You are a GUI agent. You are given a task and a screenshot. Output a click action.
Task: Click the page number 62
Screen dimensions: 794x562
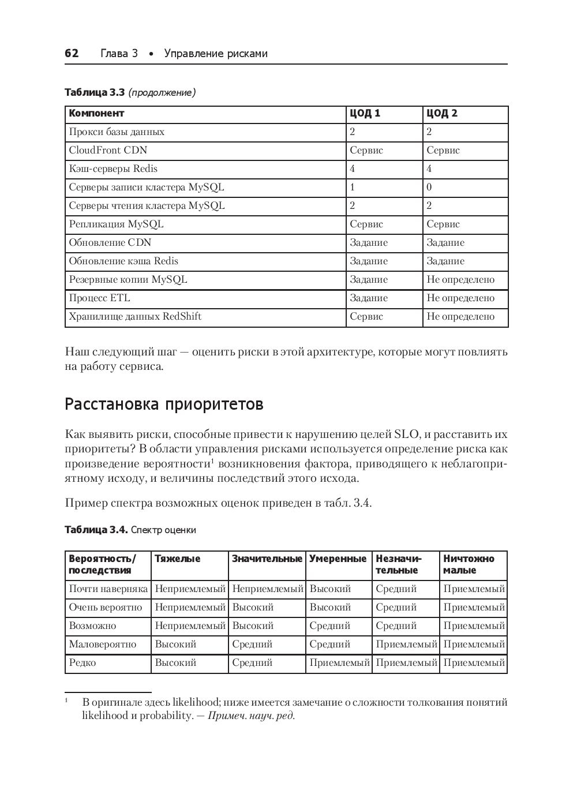(x=72, y=54)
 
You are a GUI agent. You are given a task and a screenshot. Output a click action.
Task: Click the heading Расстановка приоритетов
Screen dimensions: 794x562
(x=164, y=404)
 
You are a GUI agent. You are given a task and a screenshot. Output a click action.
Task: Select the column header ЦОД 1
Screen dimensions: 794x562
(x=365, y=113)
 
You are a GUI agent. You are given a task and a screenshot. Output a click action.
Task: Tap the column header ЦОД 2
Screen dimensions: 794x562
(x=441, y=113)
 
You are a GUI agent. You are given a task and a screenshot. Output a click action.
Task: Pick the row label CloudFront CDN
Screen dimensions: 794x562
(x=108, y=150)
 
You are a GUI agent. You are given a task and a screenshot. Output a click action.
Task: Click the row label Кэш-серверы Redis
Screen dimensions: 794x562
(x=113, y=168)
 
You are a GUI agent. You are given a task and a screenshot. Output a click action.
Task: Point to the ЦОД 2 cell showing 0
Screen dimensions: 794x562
(x=429, y=187)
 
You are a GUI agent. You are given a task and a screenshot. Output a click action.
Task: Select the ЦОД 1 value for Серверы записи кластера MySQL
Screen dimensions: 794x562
(x=353, y=187)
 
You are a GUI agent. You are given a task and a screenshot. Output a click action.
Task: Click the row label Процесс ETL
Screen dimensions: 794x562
(x=99, y=298)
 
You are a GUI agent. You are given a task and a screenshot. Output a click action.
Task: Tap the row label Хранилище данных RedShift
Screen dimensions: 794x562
(x=135, y=316)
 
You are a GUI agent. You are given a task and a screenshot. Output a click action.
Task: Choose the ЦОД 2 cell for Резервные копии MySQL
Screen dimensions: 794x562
(x=460, y=279)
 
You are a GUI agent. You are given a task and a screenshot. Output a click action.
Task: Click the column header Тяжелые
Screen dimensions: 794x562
(x=178, y=559)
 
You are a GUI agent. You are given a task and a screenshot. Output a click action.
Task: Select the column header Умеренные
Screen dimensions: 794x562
(x=338, y=559)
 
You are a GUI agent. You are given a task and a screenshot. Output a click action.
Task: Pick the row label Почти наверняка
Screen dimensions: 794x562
(x=108, y=589)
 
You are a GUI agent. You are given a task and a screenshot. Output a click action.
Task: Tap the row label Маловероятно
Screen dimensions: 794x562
(x=103, y=644)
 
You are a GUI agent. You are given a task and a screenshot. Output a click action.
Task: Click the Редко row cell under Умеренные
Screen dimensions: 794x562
(x=339, y=662)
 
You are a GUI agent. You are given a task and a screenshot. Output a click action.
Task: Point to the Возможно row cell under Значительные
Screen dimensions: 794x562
(x=253, y=626)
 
